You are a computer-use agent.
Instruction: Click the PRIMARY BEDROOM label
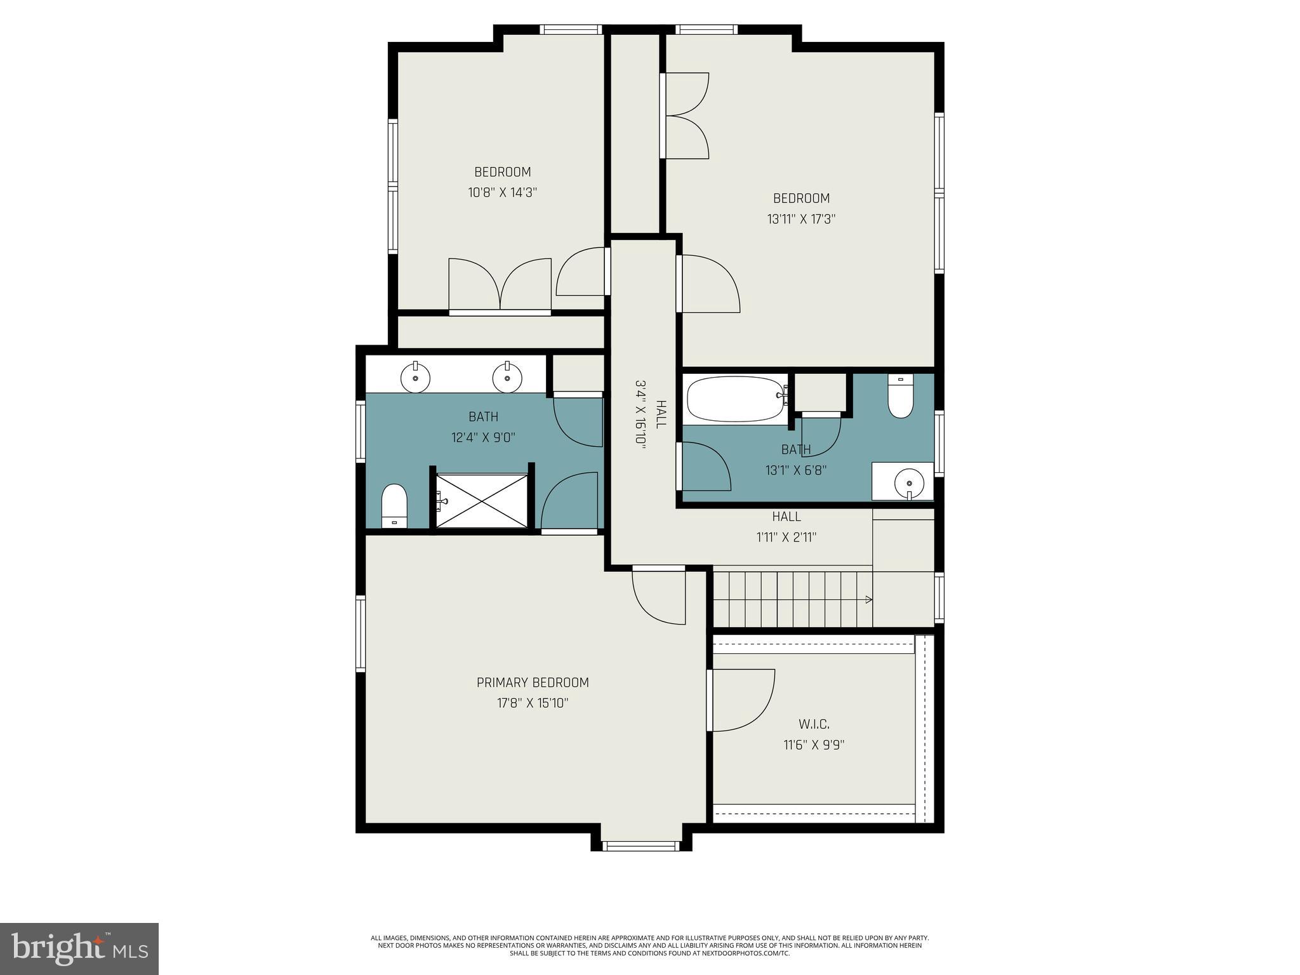click(533, 682)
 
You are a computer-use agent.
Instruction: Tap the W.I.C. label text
click(814, 724)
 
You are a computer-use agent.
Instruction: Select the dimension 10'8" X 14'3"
click(503, 192)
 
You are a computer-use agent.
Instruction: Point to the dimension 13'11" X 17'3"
click(801, 219)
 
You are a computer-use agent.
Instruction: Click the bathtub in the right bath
click(736, 399)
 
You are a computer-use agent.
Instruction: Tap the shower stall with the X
click(482, 500)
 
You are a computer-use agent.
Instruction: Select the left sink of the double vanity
click(415, 379)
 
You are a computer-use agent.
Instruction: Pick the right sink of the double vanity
click(507, 379)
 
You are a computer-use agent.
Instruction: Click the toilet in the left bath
click(394, 505)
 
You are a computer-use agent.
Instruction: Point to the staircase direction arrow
click(867, 599)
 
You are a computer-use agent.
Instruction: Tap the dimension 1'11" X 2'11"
click(786, 537)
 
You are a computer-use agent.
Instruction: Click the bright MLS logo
click(79, 949)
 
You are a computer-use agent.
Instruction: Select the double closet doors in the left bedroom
click(500, 286)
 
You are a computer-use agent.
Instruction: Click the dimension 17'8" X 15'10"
click(533, 703)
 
